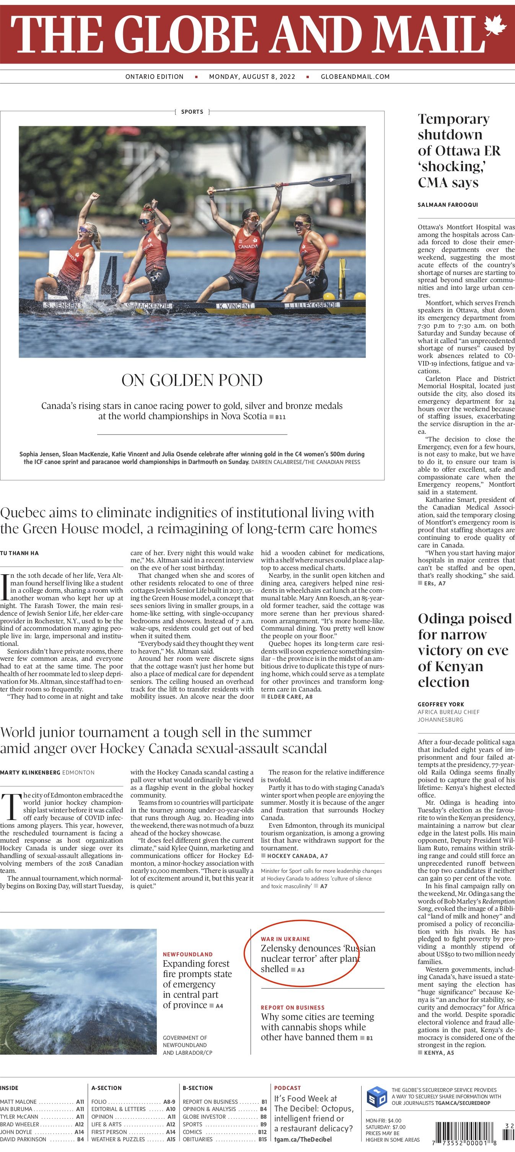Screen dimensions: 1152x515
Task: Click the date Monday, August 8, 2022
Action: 252,77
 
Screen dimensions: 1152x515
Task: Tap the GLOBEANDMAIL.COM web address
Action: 355,77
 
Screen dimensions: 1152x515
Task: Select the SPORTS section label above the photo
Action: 192,112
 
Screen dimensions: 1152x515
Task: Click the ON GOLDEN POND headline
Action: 192,380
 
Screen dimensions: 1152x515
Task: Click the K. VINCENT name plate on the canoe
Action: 235,306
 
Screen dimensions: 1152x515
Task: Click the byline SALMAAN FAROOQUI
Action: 448,205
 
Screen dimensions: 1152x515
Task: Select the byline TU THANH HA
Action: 19,553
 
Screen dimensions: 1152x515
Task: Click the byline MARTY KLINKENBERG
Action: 30,772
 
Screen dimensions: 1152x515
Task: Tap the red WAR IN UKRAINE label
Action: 285,939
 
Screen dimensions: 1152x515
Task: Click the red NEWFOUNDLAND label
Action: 187,954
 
